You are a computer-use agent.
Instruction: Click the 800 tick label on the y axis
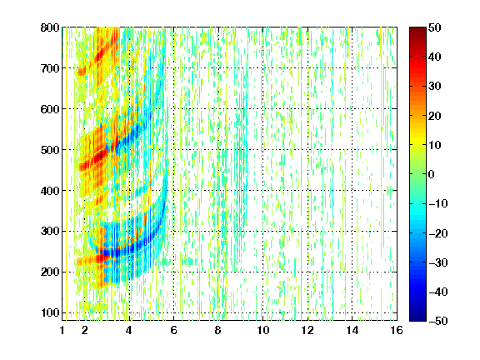click(50, 27)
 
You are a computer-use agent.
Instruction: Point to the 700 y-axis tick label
click(50, 68)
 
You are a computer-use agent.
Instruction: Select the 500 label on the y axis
click(50, 150)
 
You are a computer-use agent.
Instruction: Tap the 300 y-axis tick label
click(50, 232)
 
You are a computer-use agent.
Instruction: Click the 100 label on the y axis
click(50, 312)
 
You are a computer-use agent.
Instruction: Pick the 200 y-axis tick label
click(50, 272)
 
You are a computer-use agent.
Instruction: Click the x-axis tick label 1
click(62, 330)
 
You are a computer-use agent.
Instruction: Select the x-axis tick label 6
click(173, 330)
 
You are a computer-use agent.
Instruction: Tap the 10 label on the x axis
click(263, 330)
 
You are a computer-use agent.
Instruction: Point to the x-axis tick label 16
click(397, 330)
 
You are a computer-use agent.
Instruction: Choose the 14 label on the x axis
click(352, 330)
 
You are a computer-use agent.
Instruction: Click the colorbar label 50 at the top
click(435, 27)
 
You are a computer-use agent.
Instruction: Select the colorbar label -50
click(438, 321)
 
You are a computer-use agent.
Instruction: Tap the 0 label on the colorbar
click(432, 174)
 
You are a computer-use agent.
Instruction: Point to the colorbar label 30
click(435, 87)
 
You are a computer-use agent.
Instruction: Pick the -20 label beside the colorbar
click(438, 233)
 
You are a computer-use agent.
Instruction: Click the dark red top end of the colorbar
click(417, 29)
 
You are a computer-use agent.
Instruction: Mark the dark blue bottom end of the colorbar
click(417, 318)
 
